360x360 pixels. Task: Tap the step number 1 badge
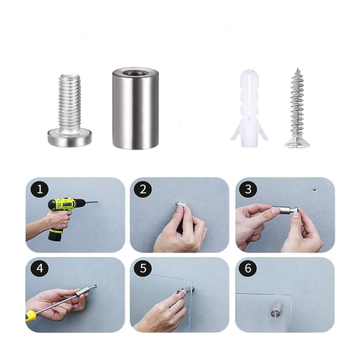click(x=39, y=189)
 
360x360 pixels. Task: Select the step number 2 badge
click(x=143, y=189)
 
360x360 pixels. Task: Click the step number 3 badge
click(x=248, y=189)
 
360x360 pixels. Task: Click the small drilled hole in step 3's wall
click(x=315, y=190)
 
